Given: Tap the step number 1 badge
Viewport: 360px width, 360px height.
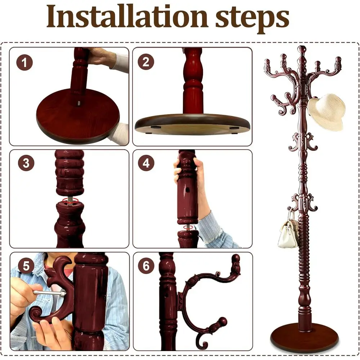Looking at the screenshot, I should tap(24, 63).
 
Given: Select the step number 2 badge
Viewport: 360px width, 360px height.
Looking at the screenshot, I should tap(146, 62).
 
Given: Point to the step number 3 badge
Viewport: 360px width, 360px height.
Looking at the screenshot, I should tap(26, 163).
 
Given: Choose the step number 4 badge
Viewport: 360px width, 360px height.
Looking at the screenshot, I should tap(146, 163).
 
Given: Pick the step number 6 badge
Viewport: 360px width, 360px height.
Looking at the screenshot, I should tap(146, 266).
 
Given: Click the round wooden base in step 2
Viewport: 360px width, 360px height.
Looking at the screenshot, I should tap(193, 124).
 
